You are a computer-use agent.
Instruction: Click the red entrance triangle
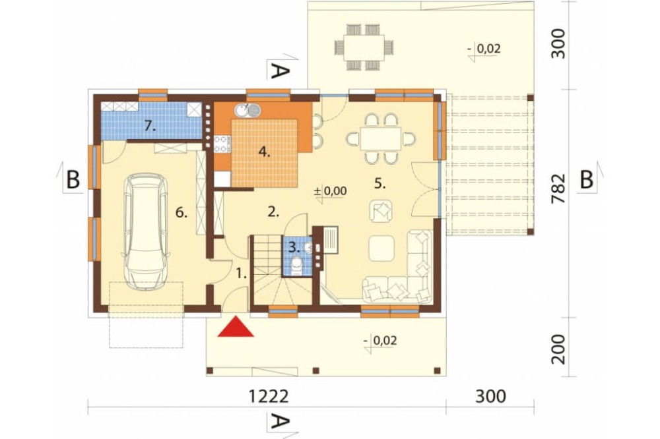point(236,327)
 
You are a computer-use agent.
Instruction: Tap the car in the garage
point(146,232)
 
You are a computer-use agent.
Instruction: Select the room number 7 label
point(150,125)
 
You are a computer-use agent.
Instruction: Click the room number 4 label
point(265,152)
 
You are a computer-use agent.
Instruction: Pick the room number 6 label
point(181,213)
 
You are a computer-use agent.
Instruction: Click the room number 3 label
point(294,248)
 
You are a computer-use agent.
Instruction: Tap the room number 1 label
point(241,274)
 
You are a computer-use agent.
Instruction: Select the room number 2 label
point(274,212)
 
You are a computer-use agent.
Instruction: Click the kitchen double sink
point(247,111)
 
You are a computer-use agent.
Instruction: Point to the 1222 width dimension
point(269,396)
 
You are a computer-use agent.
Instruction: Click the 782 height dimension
point(558,188)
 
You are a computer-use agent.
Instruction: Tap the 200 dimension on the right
point(558,349)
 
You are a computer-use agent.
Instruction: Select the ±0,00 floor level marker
point(331,192)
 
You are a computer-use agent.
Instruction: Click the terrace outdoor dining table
point(364,47)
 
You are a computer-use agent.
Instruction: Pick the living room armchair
point(381,210)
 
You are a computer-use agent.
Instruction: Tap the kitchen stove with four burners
point(222,144)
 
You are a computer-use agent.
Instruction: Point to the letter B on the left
point(73,180)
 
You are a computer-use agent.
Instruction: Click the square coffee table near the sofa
point(381,248)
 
